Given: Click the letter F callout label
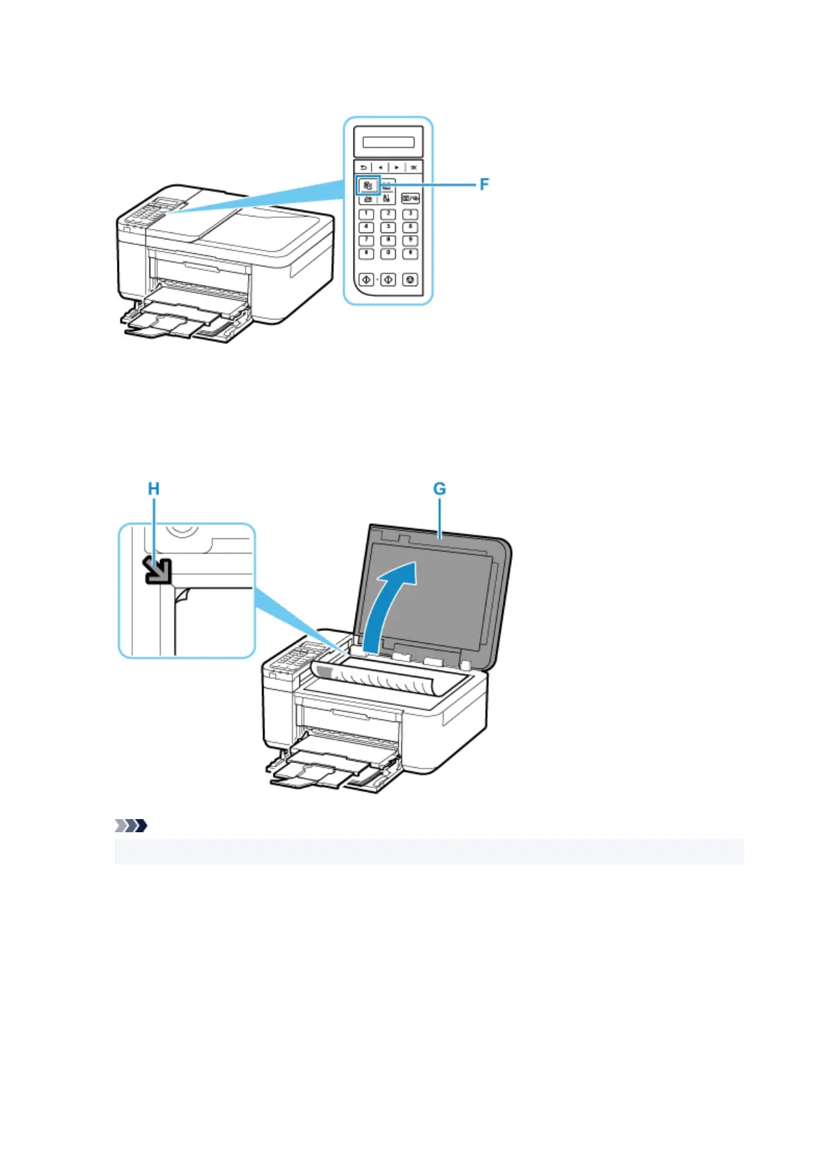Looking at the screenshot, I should click(x=484, y=184).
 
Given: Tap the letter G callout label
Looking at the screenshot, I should click(x=439, y=489).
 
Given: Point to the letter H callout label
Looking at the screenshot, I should click(x=154, y=489).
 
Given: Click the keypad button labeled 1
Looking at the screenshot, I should click(x=367, y=214).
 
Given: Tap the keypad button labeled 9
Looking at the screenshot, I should click(x=410, y=240).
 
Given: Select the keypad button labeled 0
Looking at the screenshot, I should click(x=388, y=253).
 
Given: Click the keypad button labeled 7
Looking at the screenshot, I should click(x=367, y=240).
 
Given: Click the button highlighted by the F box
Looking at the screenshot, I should click(x=368, y=185).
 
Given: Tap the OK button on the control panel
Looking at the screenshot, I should click(x=413, y=167).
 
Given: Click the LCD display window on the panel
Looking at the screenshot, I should click(x=388, y=142).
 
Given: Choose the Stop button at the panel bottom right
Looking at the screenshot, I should click(x=411, y=280).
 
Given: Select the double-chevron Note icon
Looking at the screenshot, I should click(x=130, y=825).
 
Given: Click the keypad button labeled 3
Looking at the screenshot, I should click(x=410, y=214).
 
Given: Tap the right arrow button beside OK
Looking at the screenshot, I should click(x=396, y=167).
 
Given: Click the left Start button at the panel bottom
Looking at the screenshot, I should click(x=367, y=280).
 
